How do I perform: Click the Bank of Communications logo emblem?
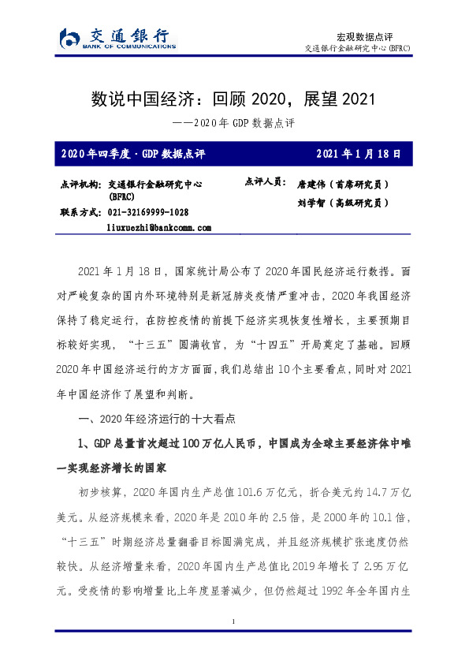(x=71, y=37)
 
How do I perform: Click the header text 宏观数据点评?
(x=364, y=36)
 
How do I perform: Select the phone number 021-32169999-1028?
(x=147, y=212)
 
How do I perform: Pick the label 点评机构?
(x=80, y=184)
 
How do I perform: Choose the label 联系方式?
(x=80, y=212)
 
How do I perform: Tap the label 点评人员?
(x=266, y=182)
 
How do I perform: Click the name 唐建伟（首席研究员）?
(x=343, y=184)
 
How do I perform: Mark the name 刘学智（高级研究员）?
(x=343, y=203)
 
